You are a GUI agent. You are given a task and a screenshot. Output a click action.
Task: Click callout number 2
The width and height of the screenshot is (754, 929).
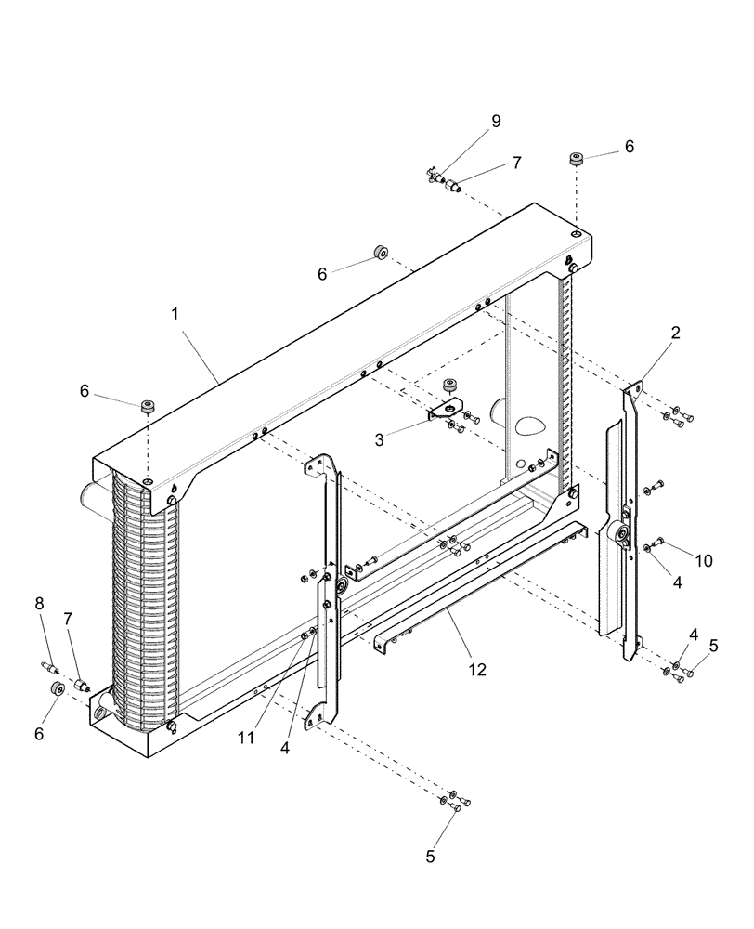(676, 332)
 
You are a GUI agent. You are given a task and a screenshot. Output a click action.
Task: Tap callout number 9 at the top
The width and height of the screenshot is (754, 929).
(496, 121)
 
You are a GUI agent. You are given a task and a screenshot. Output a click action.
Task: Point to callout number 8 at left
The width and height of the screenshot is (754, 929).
(39, 603)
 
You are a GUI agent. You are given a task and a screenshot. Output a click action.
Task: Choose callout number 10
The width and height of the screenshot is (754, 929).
(704, 560)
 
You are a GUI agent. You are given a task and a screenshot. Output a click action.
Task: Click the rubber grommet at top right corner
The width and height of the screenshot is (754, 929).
(575, 160)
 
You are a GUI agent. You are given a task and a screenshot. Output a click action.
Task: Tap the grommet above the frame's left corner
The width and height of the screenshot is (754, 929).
(147, 406)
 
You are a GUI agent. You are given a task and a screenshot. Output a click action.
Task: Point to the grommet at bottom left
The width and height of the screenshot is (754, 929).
(56, 688)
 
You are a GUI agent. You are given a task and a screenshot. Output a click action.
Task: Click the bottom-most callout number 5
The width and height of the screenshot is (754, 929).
(430, 857)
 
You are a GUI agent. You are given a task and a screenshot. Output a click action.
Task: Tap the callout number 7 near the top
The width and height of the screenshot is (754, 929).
(516, 163)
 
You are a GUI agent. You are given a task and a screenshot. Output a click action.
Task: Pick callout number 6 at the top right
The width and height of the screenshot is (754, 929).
(630, 146)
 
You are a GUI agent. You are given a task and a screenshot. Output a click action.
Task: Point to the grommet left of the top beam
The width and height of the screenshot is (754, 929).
(379, 253)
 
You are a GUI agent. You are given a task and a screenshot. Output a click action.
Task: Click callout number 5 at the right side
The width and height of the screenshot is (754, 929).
(713, 645)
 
